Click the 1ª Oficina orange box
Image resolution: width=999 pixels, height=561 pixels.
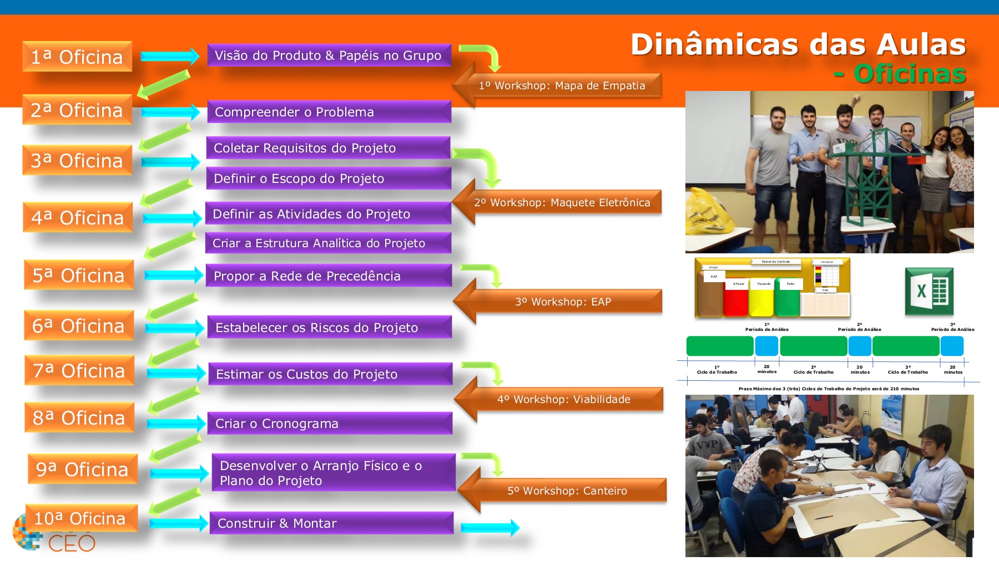(x=77, y=57)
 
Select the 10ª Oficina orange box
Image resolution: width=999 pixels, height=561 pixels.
(x=81, y=518)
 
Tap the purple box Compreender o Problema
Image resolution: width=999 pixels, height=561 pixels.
(x=329, y=112)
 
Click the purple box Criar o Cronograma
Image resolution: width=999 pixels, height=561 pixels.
(x=330, y=424)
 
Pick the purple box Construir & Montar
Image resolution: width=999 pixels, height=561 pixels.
(x=331, y=523)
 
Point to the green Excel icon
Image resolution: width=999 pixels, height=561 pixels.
(x=929, y=291)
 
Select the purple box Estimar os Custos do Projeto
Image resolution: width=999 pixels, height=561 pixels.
(x=330, y=374)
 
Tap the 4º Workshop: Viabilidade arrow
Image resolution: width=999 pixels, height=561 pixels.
(x=563, y=400)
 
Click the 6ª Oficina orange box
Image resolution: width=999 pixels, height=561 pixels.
(x=79, y=325)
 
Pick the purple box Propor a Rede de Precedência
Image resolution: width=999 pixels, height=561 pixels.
(x=329, y=276)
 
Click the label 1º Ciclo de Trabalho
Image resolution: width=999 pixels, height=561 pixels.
(x=717, y=370)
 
